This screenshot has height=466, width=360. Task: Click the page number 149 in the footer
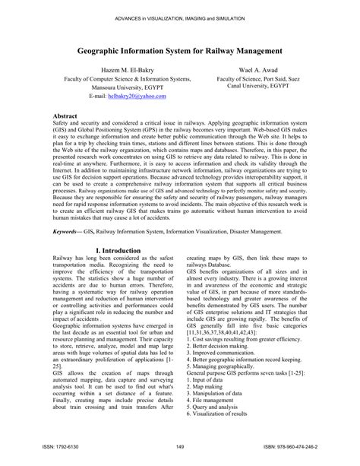pos(180,446)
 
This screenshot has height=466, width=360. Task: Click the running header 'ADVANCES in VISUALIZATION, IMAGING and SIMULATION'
pos(180,16)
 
